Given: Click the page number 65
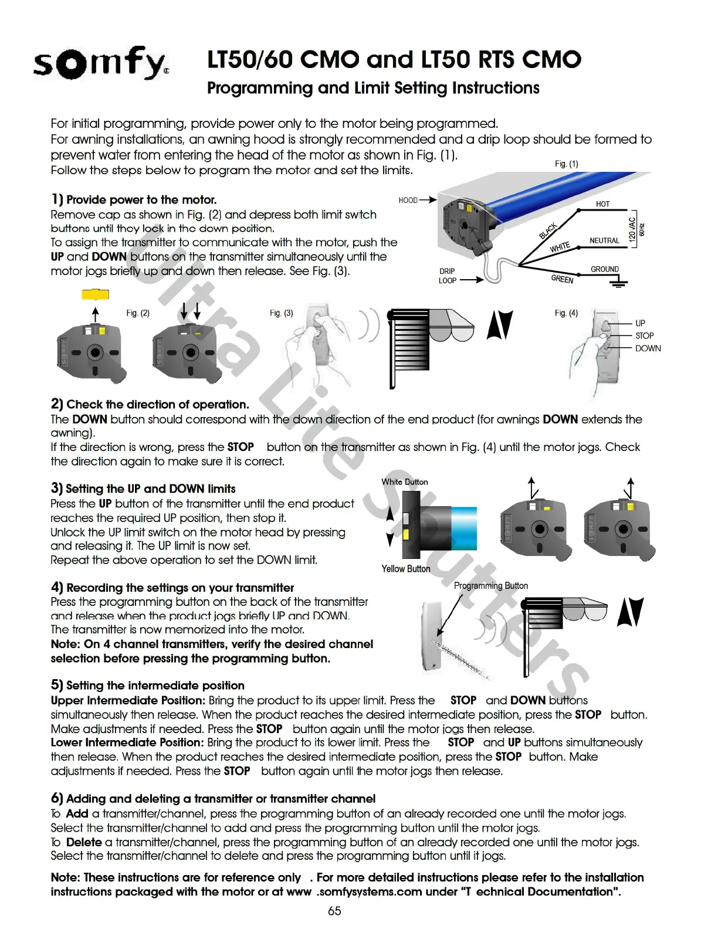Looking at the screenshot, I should pos(334,911).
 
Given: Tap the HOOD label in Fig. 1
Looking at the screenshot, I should pos(408,201).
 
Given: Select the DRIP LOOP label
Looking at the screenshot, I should pos(447,276).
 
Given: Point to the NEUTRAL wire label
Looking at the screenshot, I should pos(604,240).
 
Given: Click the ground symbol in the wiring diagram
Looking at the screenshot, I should pos(618,284).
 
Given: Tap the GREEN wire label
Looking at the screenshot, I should pos(562,279).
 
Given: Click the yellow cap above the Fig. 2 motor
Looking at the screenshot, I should pos(95,294).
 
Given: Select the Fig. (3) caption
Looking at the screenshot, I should pos(282,313).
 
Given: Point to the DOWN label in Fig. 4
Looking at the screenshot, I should pos(648,348).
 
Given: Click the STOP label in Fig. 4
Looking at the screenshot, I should pos(644,335).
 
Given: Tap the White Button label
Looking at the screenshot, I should pos(405,482).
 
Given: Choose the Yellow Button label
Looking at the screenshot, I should pos(406,569).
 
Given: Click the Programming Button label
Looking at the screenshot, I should pos(491,586).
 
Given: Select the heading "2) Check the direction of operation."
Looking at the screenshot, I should pos(150,404).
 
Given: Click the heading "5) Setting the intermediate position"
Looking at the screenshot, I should pos(148,685).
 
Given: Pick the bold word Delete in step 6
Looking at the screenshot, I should pos(84,842).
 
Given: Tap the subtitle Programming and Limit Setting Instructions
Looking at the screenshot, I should pos(373,88).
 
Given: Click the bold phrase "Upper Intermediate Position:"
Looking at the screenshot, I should pos(128,700).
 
